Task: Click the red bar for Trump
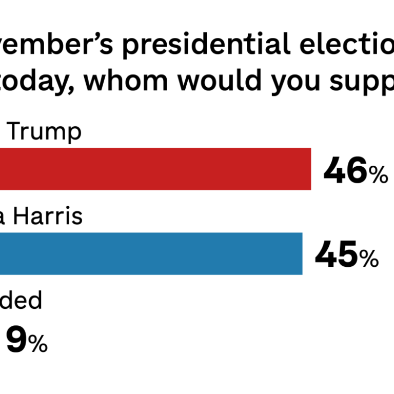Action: [154, 169]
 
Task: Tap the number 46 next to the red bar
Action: [345, 171]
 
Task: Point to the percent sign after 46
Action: [378, 175]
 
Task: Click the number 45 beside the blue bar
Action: [336, 255]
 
